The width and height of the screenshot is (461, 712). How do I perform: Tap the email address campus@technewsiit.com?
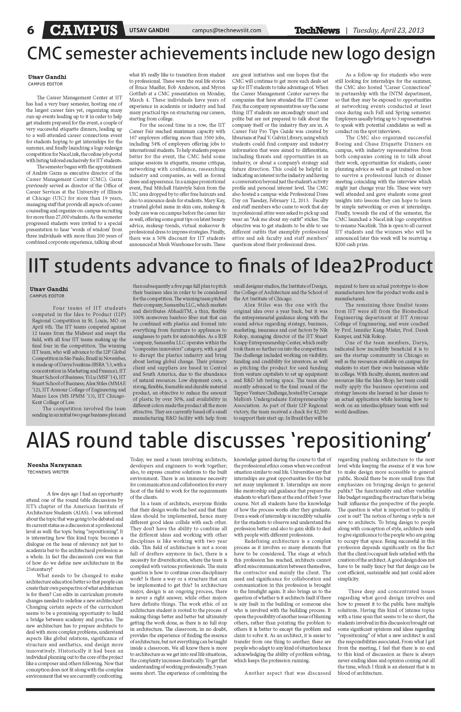click(226, 30)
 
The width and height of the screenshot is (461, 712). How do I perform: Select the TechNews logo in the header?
click(317, 31)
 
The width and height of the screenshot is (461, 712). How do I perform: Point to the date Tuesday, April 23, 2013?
click(388, 30)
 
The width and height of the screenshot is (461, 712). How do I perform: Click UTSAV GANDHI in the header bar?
click(149, 30)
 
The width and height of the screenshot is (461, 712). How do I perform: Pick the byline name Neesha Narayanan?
click(54, 465)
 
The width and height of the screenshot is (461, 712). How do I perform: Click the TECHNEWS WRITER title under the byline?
click(48, 472)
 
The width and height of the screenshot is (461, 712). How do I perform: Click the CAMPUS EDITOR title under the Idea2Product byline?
click(47, 296)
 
